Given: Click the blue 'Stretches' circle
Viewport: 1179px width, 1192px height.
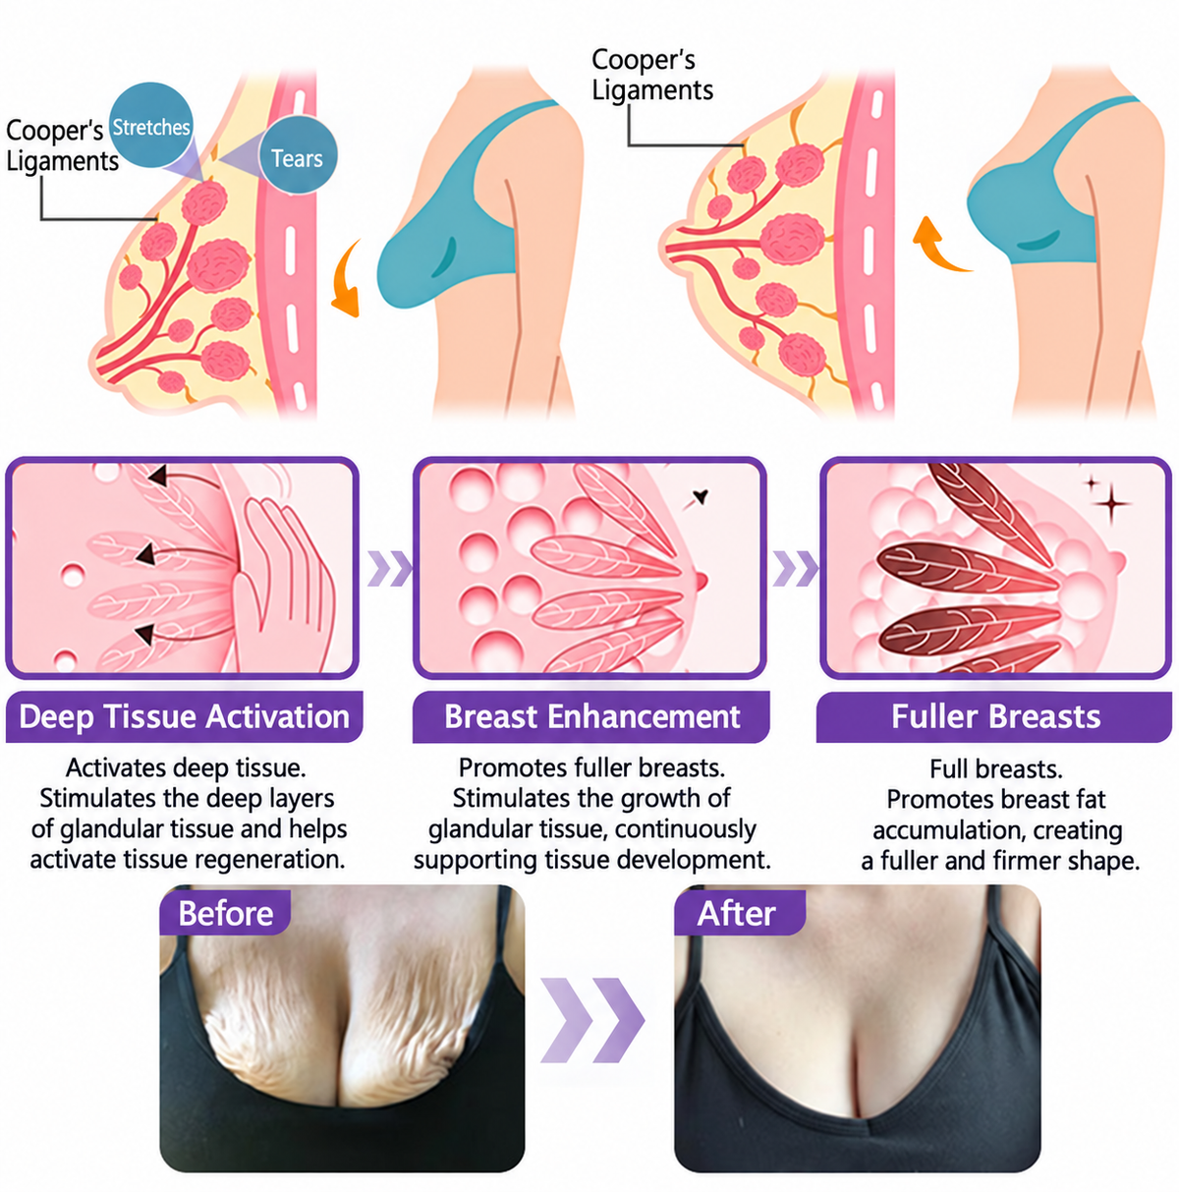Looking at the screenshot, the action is (150, 125).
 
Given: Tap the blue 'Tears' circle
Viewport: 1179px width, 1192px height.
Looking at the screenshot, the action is (298, 154).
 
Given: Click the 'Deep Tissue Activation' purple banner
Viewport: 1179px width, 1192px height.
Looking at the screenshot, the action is (185, 716).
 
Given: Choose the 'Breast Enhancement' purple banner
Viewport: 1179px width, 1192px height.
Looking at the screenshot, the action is (591, 716).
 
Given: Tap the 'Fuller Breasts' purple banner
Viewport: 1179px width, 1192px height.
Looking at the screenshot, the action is (994, 716).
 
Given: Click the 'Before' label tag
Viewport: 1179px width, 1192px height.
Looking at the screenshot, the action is (225, 912).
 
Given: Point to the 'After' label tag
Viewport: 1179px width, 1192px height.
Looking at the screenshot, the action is (739, 912).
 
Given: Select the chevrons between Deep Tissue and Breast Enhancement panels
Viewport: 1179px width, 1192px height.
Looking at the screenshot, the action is (390, 568).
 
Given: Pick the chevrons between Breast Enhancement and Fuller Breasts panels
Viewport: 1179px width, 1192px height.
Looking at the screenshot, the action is (796, 568).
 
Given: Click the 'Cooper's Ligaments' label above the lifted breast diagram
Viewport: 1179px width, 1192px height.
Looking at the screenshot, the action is (652, 75).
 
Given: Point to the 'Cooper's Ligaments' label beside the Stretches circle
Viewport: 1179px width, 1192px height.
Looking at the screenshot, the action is (62, 146).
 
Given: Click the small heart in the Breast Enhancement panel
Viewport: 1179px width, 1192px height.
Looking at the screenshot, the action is (701, 496).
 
